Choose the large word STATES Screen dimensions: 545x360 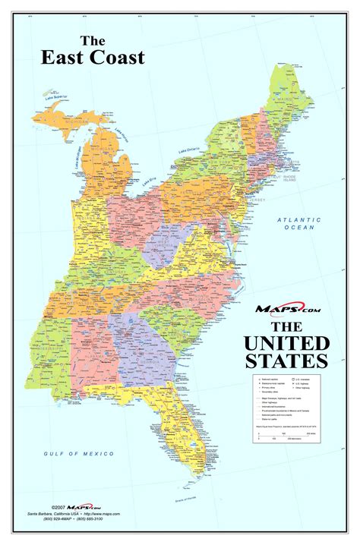pos(287,358)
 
